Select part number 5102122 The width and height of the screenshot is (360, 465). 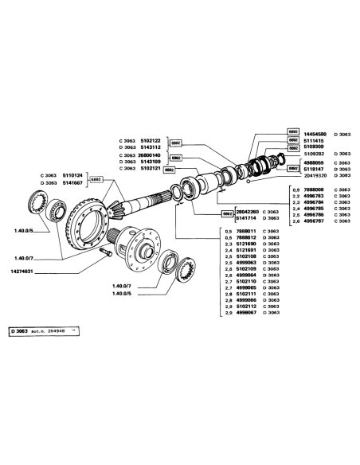(x=151, y=139)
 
